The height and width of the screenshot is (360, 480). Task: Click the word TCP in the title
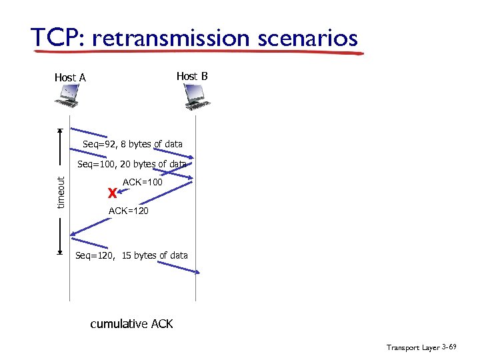click(x=55, y=38)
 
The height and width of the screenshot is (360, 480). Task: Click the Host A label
click(x=70, y=77)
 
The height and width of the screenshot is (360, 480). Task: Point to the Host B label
click(x=192, y=76)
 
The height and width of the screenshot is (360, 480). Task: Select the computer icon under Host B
click(x=195, y=99)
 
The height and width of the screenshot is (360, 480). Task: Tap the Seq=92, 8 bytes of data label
click(x=133, y=144)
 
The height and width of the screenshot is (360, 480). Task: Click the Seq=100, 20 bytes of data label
click(x=132, y=164)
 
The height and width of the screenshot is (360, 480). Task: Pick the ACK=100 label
click(x=143, y=181)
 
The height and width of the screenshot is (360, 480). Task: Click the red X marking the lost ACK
click(x=112, y=193)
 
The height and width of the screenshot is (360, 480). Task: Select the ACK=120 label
click(x=128, y=211)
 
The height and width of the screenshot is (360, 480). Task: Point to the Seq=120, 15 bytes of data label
click(x=131, y=255)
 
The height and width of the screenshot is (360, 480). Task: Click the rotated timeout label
click(x=61, y=192)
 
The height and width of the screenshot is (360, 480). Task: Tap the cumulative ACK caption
click(x=131, y=324)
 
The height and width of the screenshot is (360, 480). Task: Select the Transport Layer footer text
click(x=413, y=347)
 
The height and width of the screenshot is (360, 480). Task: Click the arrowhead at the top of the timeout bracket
click(x=60, y=131)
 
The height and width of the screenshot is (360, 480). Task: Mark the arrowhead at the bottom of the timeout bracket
click(x=60, y=253)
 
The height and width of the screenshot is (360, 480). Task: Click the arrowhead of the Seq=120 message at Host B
click(x=197, y=271)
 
